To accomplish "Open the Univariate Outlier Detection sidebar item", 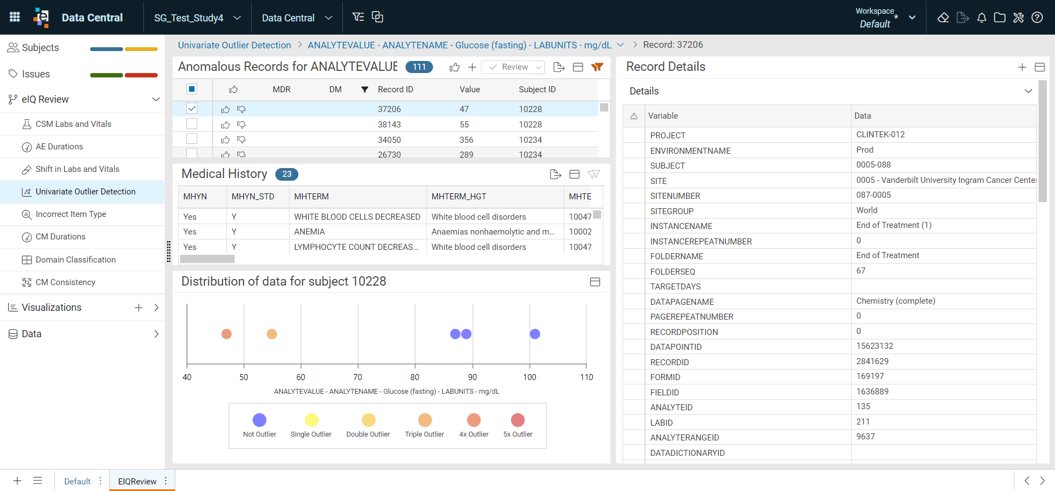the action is point(85,192).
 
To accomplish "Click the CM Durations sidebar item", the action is point(60,237).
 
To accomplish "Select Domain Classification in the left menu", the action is point(75,260).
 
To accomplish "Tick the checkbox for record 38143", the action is point(192,124).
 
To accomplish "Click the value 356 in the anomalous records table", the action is point(467,140).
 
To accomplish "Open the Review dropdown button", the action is point(513,67).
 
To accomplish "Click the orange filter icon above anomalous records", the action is point(597,67).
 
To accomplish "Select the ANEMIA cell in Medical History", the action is point(309,232).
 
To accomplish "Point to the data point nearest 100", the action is point(535,334).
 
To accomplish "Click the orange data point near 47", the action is point(226,334).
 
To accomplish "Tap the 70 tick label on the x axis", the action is point(358,377).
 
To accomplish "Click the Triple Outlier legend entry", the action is point(425,426).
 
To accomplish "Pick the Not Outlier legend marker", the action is point(259,420).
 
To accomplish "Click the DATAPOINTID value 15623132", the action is point(875,346).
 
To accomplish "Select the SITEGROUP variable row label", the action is point(671,211).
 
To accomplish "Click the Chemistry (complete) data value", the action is point(896,301).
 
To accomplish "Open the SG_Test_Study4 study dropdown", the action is point(197,18).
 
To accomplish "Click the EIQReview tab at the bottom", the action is point(137,481).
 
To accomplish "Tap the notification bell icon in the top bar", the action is point(981,18).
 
